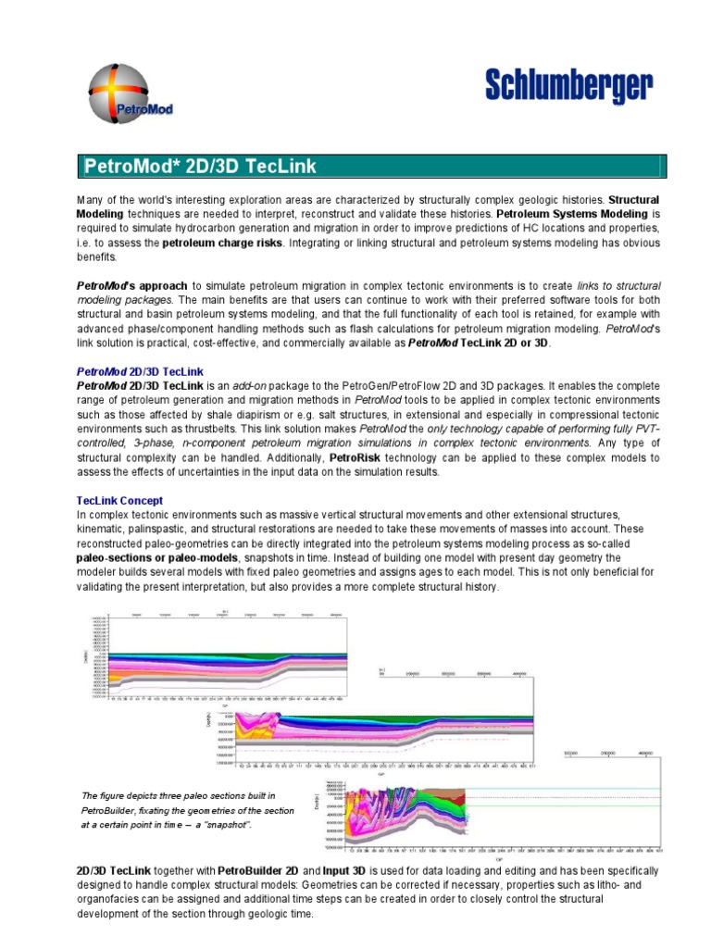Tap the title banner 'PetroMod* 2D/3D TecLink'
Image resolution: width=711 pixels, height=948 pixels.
pos(200,167)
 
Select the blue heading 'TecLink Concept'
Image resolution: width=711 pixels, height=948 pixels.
pos(119,500)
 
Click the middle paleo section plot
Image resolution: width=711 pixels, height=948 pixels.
pos(384,728)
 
